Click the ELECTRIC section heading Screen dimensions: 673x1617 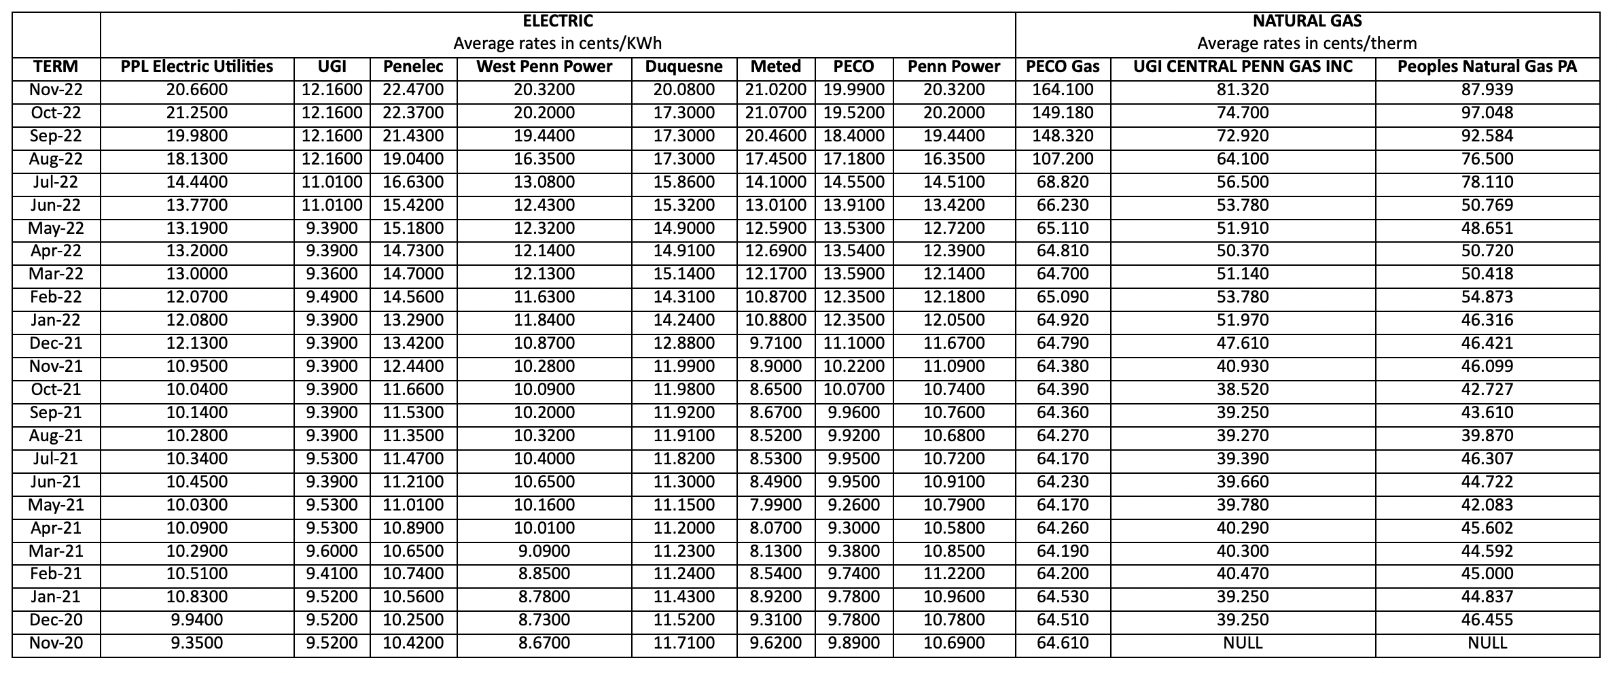[x=557, y=21]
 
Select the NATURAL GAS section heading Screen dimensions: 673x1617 [x=1307, y=21]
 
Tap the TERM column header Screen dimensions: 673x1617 [x=56, y=67]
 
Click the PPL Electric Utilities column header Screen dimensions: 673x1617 [x=197, y=67]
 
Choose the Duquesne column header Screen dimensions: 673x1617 [x=683, y=67]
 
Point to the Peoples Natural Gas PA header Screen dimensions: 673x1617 [x=1487, y=67]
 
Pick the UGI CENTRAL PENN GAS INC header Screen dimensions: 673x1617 [x=1243, y=67]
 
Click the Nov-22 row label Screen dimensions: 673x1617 [x=56, y=90]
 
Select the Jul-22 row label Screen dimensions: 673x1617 [x=56, y=182]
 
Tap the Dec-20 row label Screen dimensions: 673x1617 [x=56, y=620]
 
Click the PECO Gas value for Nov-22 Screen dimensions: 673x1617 [x=1063, y=90]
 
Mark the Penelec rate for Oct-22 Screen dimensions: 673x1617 [x=413, y=113]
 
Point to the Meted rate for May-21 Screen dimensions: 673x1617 [x=775, y=505]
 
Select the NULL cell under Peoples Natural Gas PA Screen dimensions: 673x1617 [x=1487, y=643]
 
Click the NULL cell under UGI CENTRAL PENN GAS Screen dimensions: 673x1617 [x=1243, y=643]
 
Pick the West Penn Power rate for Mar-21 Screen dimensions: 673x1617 [x=544, y=551]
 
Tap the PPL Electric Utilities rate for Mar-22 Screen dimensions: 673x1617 [x=197, y=274]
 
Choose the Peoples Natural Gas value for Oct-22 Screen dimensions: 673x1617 [x=1487, y=113]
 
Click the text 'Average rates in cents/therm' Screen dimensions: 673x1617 [x=1307, y=44]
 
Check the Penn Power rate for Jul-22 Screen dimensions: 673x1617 [x=954, y=182]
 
